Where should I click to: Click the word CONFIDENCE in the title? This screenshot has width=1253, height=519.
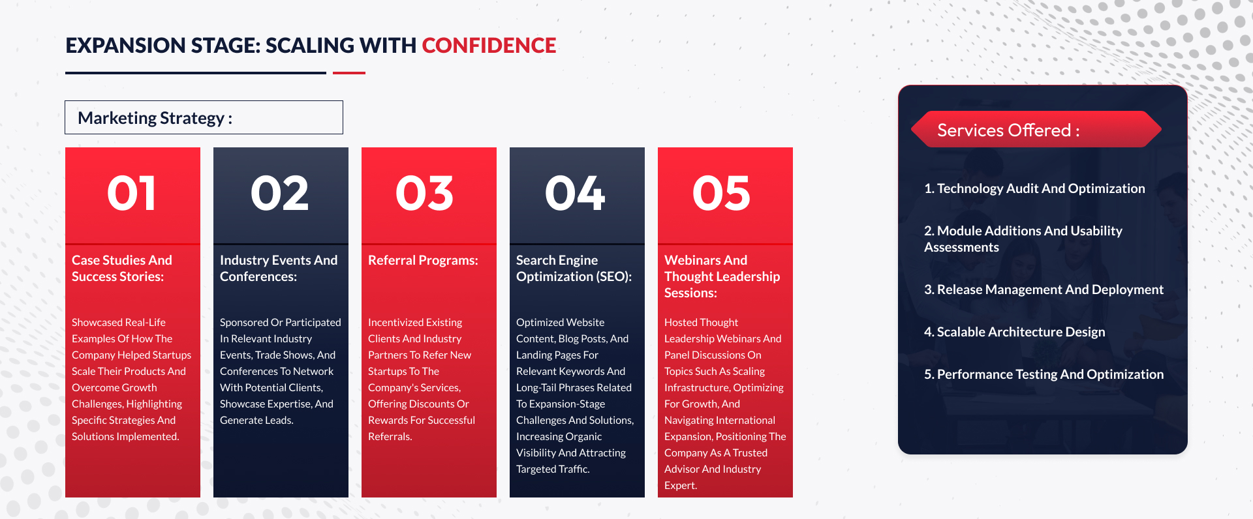pyautogui.click(x=489, y=46)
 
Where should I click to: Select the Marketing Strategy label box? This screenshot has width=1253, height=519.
pyautogui.click(x=204, y=117)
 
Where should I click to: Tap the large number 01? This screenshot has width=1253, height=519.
pyautogui.click(x=132, y=194)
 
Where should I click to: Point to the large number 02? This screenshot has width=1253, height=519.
pyautogui.click(x=280, y=194)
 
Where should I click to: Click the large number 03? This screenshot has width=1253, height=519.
pyautogui.click(x=425, y=194)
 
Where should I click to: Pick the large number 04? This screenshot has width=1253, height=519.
pyautogui.click(x=576, y=194)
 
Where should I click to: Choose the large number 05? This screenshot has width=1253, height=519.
pyautogui.click(x=722, y=194)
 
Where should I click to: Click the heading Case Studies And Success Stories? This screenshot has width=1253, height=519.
pyautogui.click(x=122, y=268)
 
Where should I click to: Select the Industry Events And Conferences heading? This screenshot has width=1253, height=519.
pyautogui.click(x=279, y=268)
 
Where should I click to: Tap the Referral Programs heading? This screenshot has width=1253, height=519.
pyautogui.click(x=423, y=260)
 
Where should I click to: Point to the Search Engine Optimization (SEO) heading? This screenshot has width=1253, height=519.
pyautogui.click(x=574, y=268)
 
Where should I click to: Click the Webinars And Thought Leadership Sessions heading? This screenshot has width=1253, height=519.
pyautogui.click(x=722, y=276)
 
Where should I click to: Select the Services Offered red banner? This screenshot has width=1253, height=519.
pyautogui.click(x=1036, y=129)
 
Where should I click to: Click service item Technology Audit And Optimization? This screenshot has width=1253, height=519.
pyautogui.click(x=1034, y=188)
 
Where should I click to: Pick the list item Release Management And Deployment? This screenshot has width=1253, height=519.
pyautogui.click(x=1044, y=289)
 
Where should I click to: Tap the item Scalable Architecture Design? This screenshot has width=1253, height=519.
pyautogui.click(x=1015, y=332)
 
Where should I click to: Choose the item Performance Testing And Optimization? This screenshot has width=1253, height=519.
pyautogui.click(x=1044, y=374)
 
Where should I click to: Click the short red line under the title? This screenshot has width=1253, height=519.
pyautogui.click(x=349, y=73)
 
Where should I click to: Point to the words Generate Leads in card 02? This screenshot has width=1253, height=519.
pyautogui.click(x=256, y=420)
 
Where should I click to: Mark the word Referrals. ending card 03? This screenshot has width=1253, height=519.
pyautogui.click(x=390, y=436)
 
